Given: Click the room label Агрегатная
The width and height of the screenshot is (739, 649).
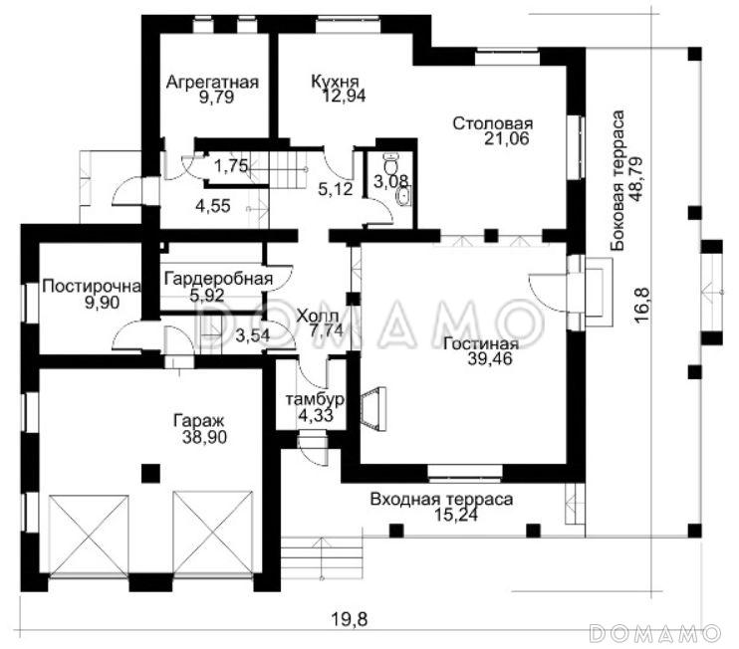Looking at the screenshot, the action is pyautogui.click(x=212, y=82).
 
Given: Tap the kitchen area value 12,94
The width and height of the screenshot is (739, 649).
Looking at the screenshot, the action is pyautogui.click(x=344, y=97).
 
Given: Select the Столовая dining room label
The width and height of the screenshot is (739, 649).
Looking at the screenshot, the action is pyautogui.click(x=493, y=123).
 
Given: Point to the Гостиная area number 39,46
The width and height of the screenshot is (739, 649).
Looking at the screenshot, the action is pyautogui.click(x=490, y=359).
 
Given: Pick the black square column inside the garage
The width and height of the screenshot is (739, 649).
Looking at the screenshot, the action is pyautogui.click(x=150, y=474).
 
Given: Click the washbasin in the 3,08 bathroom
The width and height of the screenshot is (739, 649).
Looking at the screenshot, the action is pyautogui.click(x=403, y=196).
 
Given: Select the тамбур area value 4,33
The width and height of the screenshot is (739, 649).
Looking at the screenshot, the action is pyautogui.click(x=316, y=415).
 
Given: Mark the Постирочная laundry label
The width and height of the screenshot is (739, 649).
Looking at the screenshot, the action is pyautogui.click(x=92, y=287).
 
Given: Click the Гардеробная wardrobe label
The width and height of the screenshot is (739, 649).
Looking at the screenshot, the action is pyautogui.click(x=219, y=279).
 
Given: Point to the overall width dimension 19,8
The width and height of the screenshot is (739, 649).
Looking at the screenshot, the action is pyautogui.click(x=349, y=619).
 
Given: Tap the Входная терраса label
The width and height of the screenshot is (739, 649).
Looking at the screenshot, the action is pyautogui.click(x=441, y=500).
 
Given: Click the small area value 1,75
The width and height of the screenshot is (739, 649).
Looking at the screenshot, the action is pyautogui.click(x=231, y=166).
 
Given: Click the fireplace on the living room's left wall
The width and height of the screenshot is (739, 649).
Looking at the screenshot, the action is pyautogui.click(x=375, y=408).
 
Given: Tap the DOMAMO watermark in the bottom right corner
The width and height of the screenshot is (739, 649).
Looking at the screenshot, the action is pyautogui.click(x=655, y=633).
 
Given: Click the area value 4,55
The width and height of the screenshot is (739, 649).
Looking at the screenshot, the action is pyautogui.click(x=213, y=206).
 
